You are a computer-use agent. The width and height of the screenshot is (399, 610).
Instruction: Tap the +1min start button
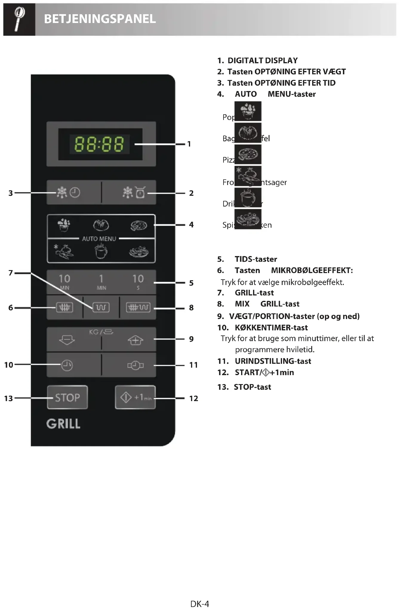click(x=135, y=398)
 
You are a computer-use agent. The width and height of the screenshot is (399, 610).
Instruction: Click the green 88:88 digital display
click(x=99, y=144)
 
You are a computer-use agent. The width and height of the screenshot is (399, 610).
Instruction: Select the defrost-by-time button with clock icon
click(x=69, y=192)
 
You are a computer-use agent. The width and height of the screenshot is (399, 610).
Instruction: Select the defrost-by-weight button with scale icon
click(x=134, y=193)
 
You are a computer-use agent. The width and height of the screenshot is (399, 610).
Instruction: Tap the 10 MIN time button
click(x=64, y=282)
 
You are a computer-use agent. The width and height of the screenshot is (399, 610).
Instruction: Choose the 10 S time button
click(x=138, y=282)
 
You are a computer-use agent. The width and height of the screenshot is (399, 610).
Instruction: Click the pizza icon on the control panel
click(x=138, y=226)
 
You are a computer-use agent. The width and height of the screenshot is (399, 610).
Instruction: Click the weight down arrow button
click(x=67, y=340)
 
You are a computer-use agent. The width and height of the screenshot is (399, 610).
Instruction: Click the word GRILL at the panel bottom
click(x=63, y=424)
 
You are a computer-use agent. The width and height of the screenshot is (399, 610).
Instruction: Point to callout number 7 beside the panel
click(x=11, y=273)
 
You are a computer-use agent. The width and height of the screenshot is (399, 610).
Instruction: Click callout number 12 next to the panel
click(x=193, y=398)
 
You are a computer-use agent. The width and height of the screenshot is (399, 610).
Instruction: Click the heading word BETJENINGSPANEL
click(x=100, y=19)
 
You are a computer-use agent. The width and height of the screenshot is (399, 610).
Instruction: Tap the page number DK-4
click(x=200, y=604)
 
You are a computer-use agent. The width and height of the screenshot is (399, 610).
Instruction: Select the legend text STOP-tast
click(x=252, y=387)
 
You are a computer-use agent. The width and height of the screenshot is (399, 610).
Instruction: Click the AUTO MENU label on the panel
click(x=99, y=239)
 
